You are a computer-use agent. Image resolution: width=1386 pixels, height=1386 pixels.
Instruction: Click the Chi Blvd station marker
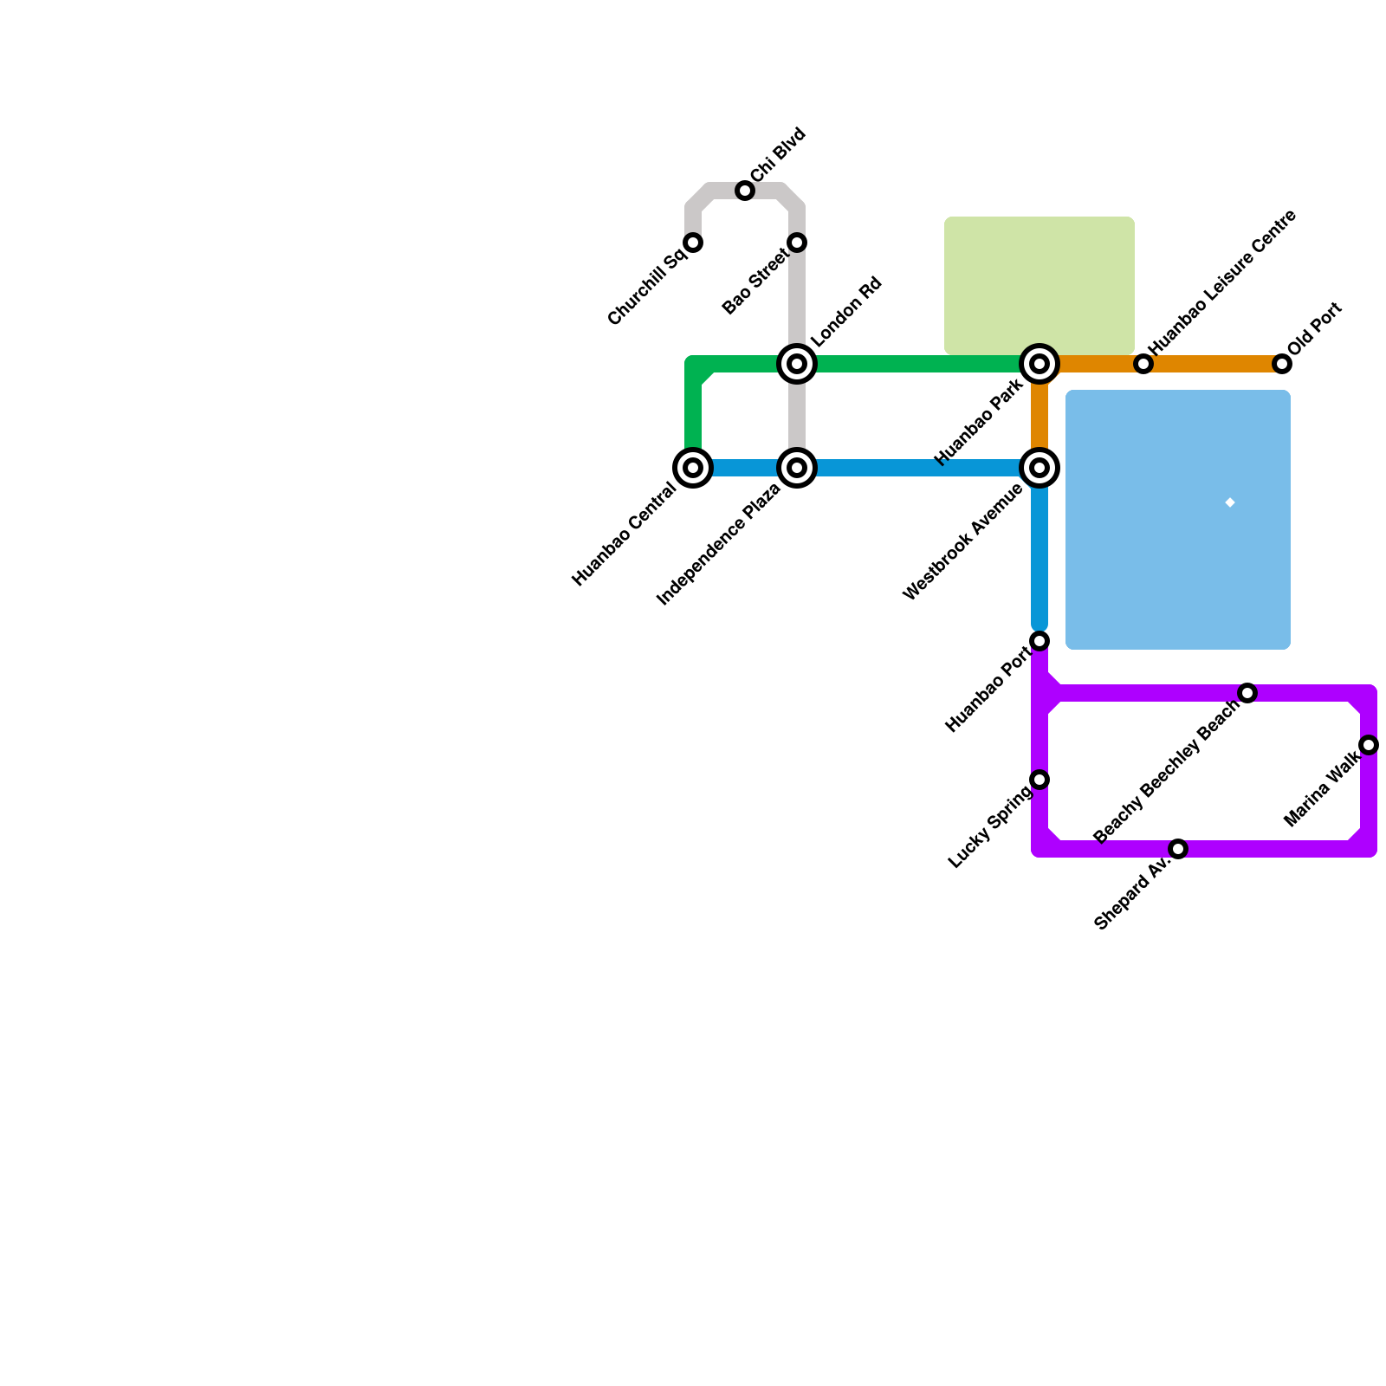(745, 191)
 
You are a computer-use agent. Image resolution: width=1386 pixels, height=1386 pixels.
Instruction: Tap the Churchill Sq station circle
(693, 243)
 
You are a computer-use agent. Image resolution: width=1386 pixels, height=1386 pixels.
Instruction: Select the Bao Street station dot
(797, 243)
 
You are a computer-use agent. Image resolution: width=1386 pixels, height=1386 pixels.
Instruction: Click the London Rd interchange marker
(797, 364)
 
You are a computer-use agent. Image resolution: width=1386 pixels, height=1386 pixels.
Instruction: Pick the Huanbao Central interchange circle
(693, 468)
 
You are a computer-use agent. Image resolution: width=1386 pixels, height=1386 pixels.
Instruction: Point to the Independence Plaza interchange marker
(797, 468)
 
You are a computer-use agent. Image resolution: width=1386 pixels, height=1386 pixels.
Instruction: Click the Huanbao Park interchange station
(1039, 364)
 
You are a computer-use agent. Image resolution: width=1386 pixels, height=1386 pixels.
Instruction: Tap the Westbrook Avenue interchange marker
(1039, 468)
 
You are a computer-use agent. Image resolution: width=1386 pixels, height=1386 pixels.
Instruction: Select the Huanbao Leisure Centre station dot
(1143, 364)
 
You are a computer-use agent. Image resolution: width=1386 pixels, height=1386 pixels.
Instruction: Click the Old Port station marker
(1282, 364)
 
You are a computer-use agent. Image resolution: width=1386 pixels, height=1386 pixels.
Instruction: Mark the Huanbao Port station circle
(1039, 641)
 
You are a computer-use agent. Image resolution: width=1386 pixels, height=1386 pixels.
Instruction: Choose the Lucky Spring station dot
(1039, 780)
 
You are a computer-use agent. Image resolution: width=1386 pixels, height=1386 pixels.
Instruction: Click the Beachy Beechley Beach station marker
(1247, 693)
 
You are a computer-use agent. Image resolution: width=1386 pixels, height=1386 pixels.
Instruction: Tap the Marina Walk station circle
(1369, 745)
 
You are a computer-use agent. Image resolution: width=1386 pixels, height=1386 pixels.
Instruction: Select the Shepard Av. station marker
(1178, 849)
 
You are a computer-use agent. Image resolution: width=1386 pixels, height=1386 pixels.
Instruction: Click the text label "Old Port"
(1314, 328)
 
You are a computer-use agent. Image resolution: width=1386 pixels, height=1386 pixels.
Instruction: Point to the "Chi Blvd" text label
(779, 155)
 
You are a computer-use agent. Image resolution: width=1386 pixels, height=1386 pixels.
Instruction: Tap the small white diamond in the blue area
(1230, 502)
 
